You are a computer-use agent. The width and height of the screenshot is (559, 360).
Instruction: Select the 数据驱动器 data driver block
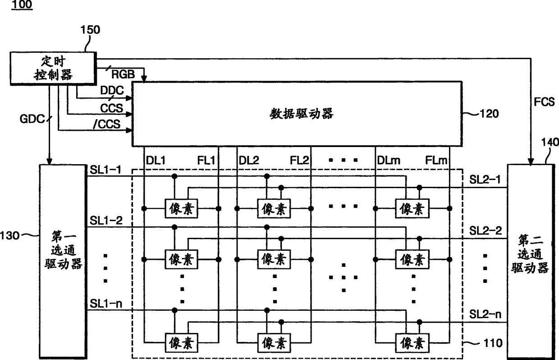[296, 114]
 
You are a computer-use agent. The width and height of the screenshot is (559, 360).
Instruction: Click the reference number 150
[90, 30]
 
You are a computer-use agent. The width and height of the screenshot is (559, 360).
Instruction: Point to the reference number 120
[489, 114]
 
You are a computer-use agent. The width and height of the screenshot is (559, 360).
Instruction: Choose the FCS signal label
[545, 102]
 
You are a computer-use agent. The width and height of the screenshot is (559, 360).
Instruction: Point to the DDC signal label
[111, 91]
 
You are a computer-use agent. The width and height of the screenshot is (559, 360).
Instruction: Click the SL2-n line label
[486, 314]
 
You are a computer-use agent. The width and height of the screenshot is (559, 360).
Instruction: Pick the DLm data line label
[387, 160]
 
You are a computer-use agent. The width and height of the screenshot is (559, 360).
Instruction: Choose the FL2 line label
[299, 160]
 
